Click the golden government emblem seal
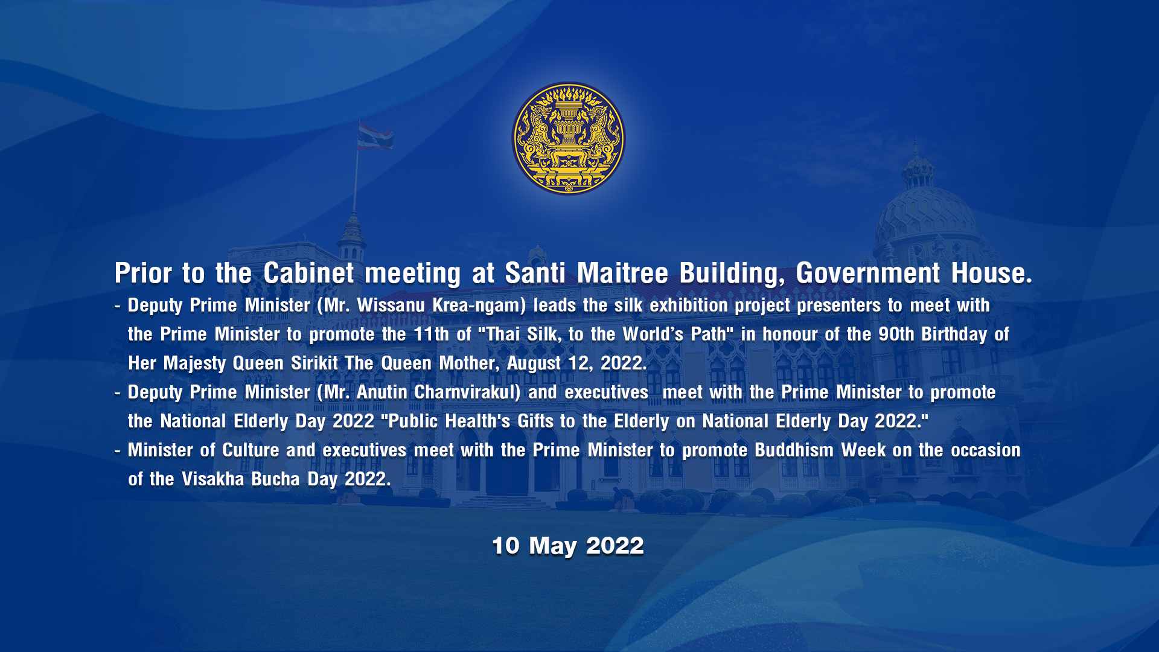pyautogui.click(x=569, y=138)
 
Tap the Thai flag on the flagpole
pyautogui.click(x=375, y=136)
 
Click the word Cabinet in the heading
pyautogui.click(x=308, y=273)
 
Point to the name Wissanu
pyautogui.click(x=391, y=305)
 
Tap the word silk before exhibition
pyautogui.click(x=628, y=305)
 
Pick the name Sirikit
pyautogui.click(x=314, y=363)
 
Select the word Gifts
pyautogui.click(x=535, y=421)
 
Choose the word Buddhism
pyautogui.click(x=794, y=450)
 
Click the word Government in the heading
pyautogui.click(x=867, y=273)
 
